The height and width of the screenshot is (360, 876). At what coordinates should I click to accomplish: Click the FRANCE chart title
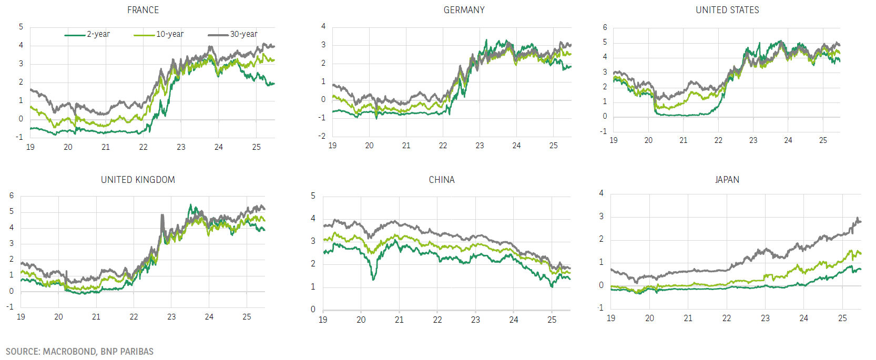point(142,10)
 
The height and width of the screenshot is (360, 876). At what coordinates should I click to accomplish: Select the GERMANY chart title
point(464,10)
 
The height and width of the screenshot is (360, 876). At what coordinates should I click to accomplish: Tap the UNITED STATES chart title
point(727,10)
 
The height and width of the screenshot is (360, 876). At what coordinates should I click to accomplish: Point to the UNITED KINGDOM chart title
point(138,180)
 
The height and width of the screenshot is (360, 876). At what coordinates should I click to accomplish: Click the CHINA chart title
point(442,180)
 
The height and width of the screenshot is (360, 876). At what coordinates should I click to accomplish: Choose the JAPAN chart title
point(727,180)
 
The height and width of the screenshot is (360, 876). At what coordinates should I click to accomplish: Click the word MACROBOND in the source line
point(69,352)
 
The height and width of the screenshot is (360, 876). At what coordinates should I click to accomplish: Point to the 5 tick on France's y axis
point(21,27)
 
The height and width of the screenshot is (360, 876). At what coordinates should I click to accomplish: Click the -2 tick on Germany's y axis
point(322,136)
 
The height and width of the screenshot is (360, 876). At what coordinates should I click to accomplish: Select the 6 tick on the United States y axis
point(605,27)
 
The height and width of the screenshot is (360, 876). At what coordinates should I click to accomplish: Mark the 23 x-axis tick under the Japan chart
point(765,318)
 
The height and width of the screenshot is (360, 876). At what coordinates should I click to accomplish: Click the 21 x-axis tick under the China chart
point(399,320)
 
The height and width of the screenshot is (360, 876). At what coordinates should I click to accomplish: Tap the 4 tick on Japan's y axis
point(602,193)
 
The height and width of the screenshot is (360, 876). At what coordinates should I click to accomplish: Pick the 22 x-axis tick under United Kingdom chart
point(134,317)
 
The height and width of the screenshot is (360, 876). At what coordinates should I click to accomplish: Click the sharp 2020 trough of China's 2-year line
point(373,279)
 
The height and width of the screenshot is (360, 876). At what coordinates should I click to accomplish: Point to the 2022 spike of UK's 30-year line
point(162,215)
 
